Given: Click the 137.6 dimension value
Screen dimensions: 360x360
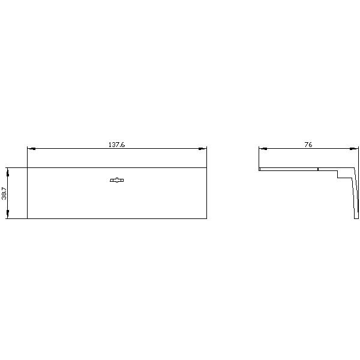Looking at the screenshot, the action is click(x=116, y=145).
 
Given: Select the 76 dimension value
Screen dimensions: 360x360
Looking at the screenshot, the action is click(x=308, y=145).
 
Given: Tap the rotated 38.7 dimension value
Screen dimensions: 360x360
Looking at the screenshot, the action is click(x=4, y=193).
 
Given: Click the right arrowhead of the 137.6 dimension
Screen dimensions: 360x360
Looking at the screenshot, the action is click(x=203, y=149).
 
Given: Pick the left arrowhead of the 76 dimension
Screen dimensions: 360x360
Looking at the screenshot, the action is click(x=263, y=149).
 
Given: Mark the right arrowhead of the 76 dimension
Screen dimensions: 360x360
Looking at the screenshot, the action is click(x=354, y=149).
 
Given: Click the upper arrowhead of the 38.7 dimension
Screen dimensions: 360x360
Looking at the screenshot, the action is click(x=8, y=172).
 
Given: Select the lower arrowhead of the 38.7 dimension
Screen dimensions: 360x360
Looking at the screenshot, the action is click(x=8, y=214).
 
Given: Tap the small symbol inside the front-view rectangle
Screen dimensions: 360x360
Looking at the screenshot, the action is click(x=117, y=180).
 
